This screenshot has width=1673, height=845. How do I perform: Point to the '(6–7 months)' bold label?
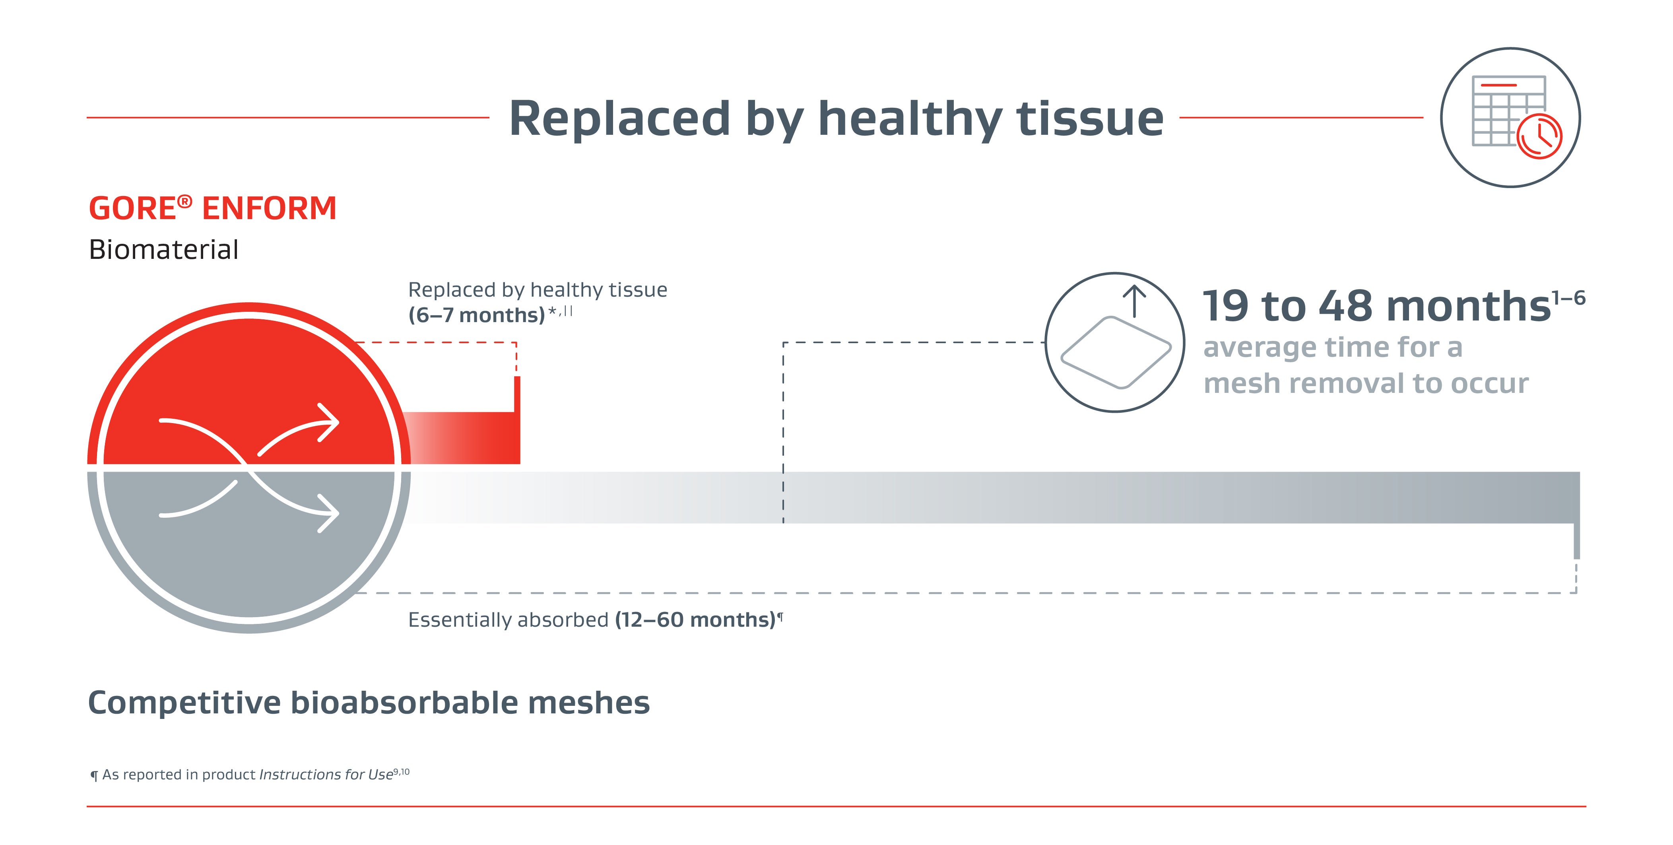(476, 315)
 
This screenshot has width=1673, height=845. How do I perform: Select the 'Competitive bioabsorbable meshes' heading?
(368, 703)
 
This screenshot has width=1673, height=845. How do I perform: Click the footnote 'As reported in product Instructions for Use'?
(247, 774)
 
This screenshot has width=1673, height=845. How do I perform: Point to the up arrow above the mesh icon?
(1135, 300)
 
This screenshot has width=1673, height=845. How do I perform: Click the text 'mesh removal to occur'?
(1365, 383)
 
